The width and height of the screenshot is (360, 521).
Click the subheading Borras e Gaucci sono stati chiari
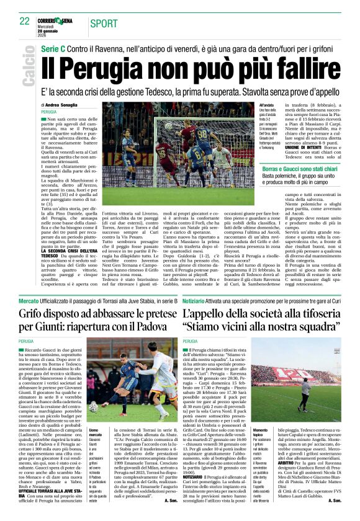[303, 169]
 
